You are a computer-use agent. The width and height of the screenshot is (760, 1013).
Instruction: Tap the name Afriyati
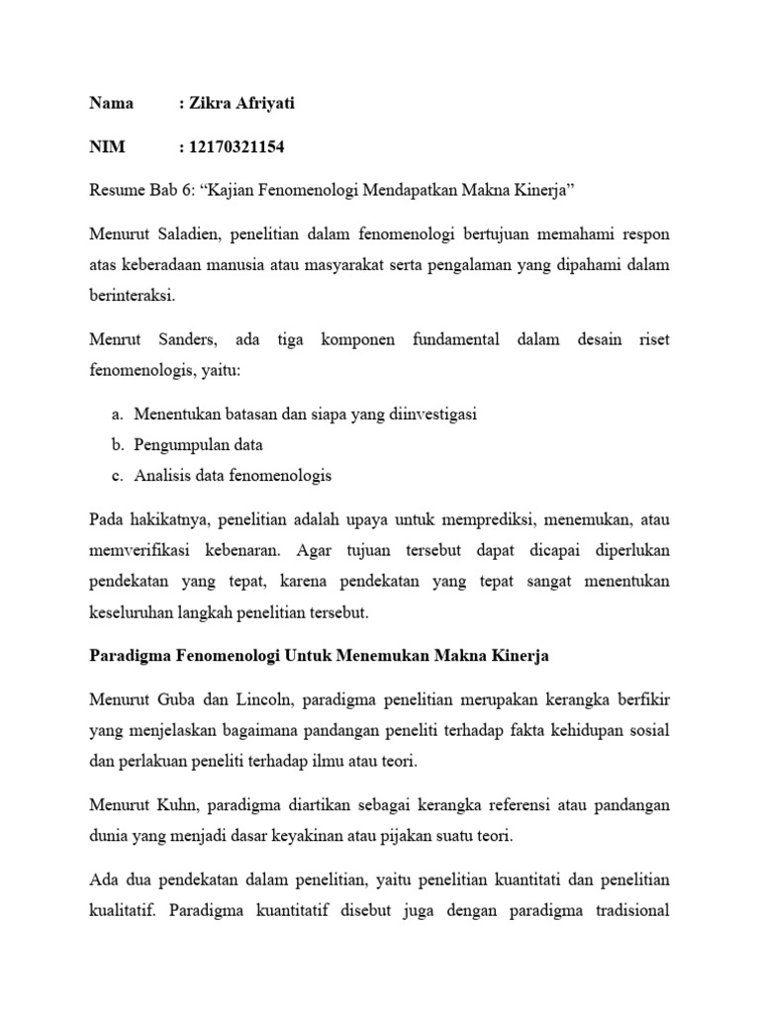(261, 103)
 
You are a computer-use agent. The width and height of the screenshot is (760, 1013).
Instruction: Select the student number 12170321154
(237, 147)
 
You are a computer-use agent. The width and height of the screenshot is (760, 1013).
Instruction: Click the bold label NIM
(107, 147)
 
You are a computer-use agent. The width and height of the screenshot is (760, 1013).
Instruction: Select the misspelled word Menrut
(115, 340)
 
